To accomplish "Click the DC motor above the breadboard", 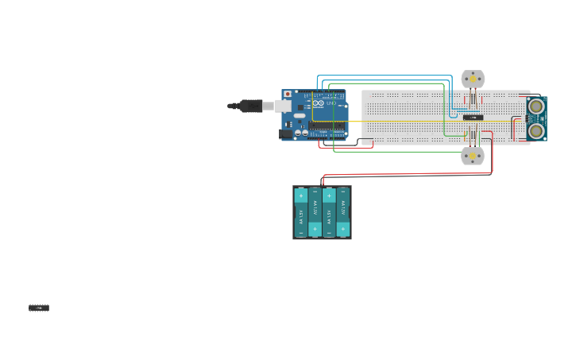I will [473, 79].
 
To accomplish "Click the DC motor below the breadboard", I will [473, 156].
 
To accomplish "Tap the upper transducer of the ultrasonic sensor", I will [537, 106].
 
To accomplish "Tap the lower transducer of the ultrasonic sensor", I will [537, 130].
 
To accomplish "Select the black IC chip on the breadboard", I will [474, 118].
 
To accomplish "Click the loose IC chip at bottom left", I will [39, 308].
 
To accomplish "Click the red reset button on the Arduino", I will [288, 95].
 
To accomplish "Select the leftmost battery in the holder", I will [301, 213].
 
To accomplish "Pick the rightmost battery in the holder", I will [343, 213].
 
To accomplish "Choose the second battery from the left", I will [315, 213].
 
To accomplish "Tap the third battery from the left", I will [329, 213].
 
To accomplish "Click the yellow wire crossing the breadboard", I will [413, 122].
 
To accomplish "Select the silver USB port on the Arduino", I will [283, 106].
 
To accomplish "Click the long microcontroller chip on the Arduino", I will [327, 125].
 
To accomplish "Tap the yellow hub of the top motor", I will [473, 79].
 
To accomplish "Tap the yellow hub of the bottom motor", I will [473, 156].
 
